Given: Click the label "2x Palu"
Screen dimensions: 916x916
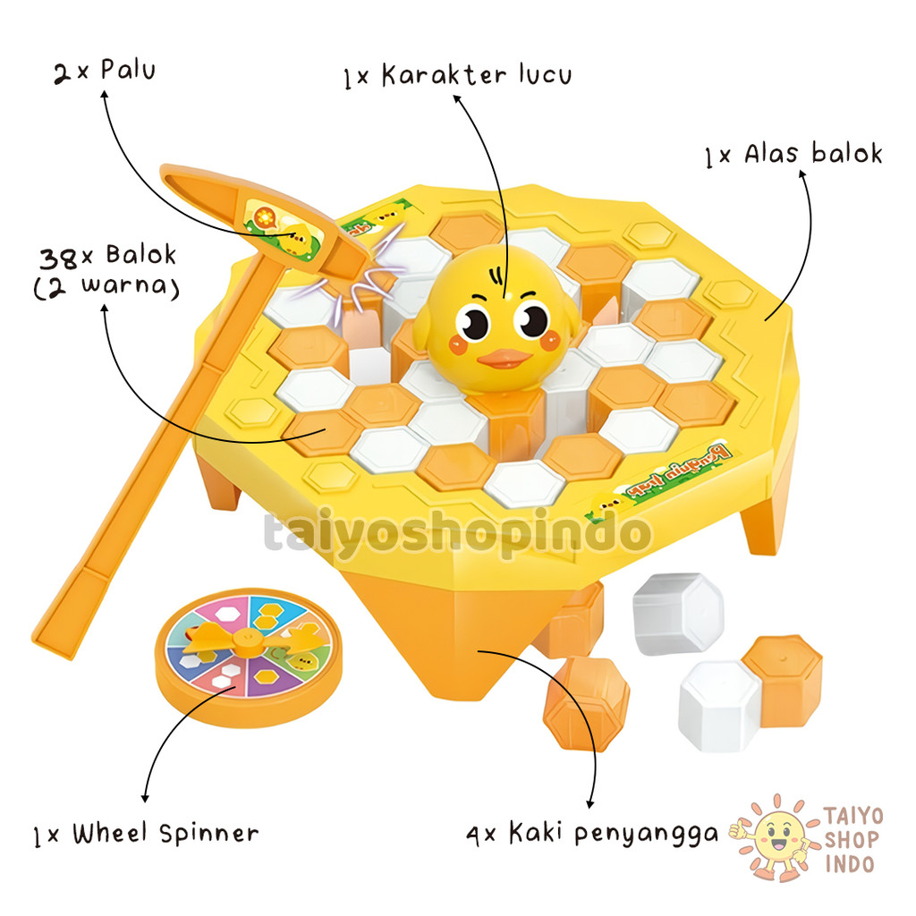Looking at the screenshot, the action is pos(104,71).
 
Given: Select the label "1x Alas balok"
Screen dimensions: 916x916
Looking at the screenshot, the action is pos(793,155).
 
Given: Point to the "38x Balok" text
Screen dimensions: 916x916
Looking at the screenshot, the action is pos(107,258).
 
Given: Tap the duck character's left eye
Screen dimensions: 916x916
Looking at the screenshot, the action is pos(472,321).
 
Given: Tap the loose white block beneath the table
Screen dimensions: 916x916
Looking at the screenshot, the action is pos(677,613).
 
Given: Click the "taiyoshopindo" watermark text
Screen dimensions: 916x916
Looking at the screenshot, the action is pos(456,534).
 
